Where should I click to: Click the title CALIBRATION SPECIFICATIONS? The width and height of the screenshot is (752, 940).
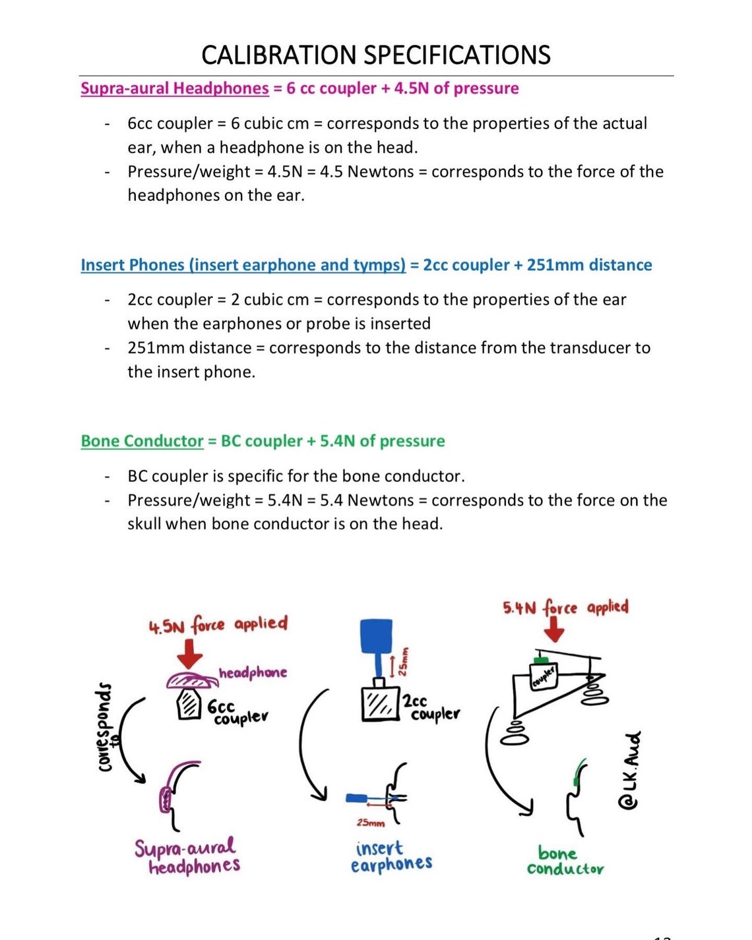(375, 55)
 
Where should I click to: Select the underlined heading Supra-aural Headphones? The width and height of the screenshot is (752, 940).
(175, 88)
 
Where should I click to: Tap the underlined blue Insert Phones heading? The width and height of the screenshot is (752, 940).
(243, 265)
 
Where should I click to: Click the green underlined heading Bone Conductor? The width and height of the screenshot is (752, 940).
(142, 441)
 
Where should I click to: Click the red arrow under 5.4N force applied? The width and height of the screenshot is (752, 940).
(554, 631)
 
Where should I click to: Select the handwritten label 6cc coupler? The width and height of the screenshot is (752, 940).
(236, 712)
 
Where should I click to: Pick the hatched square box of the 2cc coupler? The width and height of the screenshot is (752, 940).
(381, 704)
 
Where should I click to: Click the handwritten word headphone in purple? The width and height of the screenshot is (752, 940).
(253, 673)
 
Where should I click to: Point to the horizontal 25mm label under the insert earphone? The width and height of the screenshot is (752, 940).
(370, 823)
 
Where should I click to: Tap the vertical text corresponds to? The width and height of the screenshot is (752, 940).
(106, 728)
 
